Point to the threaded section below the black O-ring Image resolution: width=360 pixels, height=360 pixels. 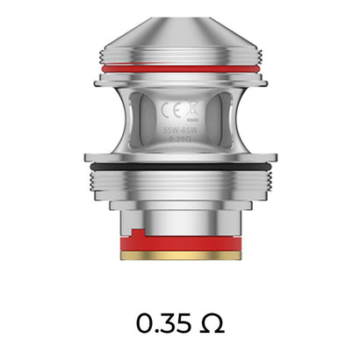pyautogui.click(x=180, y=189)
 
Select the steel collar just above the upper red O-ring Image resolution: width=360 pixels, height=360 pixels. pyautogui.click(x=180, y=55)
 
